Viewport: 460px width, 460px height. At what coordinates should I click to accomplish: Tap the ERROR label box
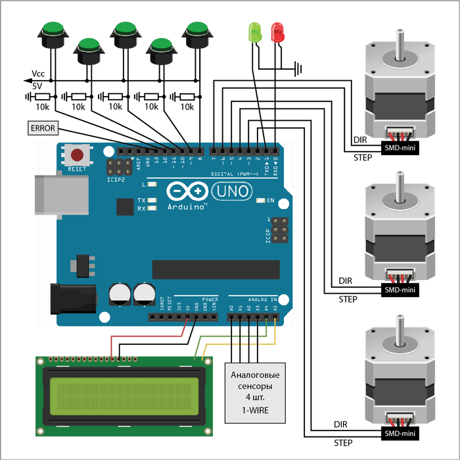pyautogui.click(x=43, y=128)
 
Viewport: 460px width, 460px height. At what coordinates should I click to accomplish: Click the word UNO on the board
pyautogui.click(x=231, y=191)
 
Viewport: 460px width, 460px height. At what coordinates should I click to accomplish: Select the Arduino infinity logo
pyautogui.click(x=187, y=191)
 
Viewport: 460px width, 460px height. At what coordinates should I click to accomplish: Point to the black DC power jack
pyautogui.click(x=73, y=298)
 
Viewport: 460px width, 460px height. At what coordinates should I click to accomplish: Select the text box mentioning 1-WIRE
pyautogui.click(x=256, y=392)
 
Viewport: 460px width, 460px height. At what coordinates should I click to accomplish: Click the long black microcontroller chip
pyautogui.click(x=216, y=269)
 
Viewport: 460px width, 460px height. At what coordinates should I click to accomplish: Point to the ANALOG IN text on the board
pyautogui.click(x=262, y=299)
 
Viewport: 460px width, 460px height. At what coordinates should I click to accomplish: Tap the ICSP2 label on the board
pyautogui.click(x=115, y=178)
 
